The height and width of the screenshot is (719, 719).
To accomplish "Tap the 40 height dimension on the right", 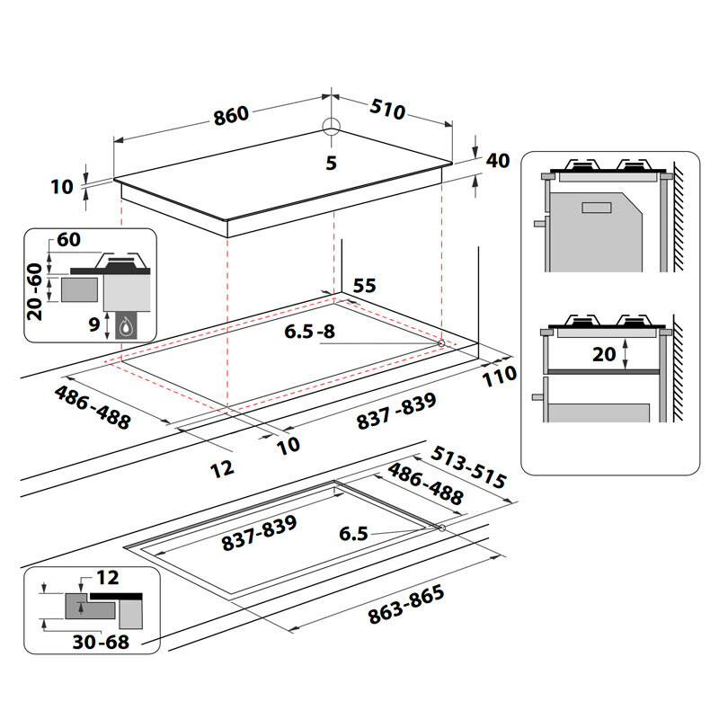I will [497, 161].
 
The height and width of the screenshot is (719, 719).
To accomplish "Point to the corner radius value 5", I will [331, 163].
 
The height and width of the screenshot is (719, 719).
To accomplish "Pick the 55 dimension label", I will [364, 286].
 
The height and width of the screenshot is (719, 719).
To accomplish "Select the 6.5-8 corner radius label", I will [309, 332].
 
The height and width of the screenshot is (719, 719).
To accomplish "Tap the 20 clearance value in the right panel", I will [605, 354].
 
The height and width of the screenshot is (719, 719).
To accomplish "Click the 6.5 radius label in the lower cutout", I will [353, 534].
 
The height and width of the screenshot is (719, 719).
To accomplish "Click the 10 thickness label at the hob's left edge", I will [61, 187].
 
